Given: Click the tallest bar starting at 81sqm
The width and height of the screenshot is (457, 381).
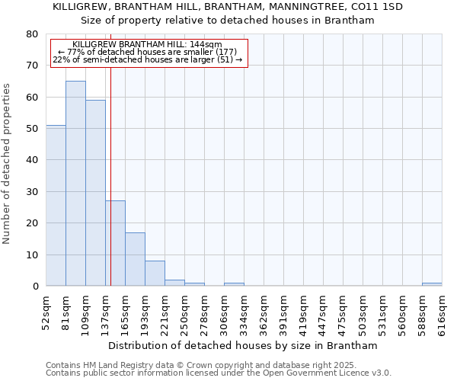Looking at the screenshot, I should click(75, 183).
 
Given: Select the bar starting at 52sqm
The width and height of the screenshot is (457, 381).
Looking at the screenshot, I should click(56, 206).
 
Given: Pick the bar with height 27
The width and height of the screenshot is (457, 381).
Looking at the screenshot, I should click(115, 243).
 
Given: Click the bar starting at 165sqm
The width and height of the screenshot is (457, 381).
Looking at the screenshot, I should click(135, 259).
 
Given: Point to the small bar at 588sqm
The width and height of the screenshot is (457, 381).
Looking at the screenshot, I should click(432, 284).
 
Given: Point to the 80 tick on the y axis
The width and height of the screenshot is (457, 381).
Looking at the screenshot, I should click(32, 34).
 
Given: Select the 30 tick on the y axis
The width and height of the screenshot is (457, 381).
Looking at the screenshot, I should click(32, 192).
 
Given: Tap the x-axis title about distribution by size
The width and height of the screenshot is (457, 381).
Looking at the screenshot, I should click(243, 345).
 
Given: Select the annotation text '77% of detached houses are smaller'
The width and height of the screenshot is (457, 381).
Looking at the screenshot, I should click(148, 52).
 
